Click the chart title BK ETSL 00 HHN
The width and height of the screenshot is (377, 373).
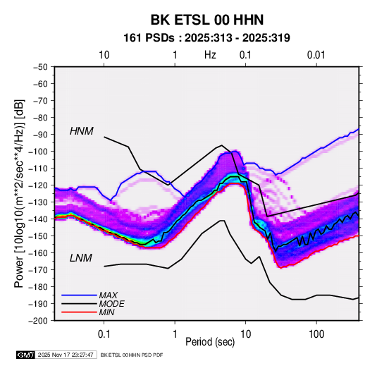click(x=207, y=20)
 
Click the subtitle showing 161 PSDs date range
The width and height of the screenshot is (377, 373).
click(x=206, y=38)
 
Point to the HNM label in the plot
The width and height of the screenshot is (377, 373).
click(x=82, y=131)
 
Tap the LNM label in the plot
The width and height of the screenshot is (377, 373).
click(x=81, y=258)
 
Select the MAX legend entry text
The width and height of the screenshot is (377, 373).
click(x=109, y=295)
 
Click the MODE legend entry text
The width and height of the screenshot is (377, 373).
click(x=111, y=304)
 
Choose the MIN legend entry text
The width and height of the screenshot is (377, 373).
click(x=106, y=312)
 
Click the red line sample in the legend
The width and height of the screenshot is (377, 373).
click(x=79, y=312)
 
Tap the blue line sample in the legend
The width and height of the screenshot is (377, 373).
click(x=79, y=295)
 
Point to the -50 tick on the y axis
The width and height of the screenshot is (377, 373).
click(x=40, y=67)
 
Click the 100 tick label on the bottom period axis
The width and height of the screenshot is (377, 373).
click(x=316, y=334)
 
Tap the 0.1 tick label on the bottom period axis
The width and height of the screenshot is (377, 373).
click(x=104, y=334)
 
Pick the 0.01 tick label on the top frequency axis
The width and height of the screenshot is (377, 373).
click(x=316, y=55)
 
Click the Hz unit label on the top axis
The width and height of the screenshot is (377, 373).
click(x=210, y=55)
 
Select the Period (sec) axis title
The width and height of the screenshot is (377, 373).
click(x=210, y=342)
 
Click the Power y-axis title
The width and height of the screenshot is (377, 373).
click(x=19, y=194)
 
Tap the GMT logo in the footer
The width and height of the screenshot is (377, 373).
click(x=25, y=355)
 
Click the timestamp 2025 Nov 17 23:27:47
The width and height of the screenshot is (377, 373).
click(x=66, y=355)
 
